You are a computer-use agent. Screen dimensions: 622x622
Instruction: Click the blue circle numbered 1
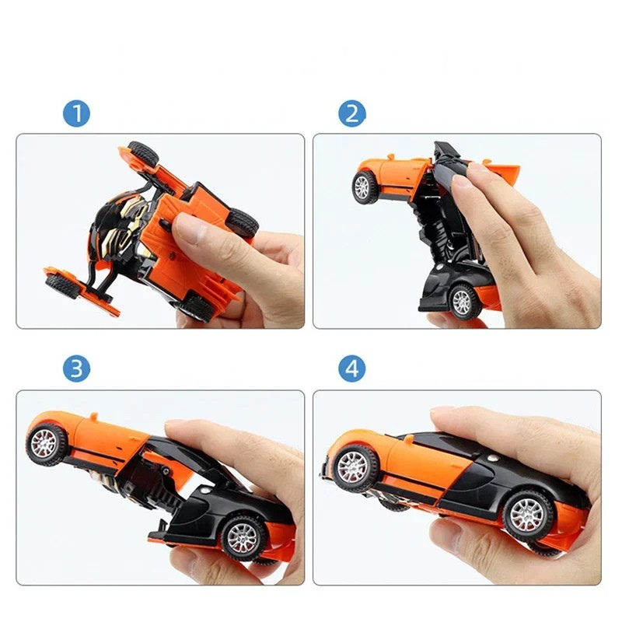tap(76, 114)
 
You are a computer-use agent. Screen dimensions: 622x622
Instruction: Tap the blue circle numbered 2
tap(352, 114)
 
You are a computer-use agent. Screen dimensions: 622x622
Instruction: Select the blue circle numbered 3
tap(76, 369)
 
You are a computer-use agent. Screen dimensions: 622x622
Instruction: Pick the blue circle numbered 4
tap(352, 369)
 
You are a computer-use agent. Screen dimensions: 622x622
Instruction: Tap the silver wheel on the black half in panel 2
tap(463, 301)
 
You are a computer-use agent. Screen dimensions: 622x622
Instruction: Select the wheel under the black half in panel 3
tap(243, 538)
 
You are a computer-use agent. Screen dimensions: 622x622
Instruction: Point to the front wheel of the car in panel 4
tap(354, 468)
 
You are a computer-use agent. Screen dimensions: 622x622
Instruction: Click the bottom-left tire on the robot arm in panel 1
tap(62, 285)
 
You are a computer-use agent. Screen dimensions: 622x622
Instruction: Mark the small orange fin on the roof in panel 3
tap(93, 417)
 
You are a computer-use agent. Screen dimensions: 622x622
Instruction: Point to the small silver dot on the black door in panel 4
tap(492, 458)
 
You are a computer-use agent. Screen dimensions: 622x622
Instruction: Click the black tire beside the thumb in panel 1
tap(241, 223)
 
